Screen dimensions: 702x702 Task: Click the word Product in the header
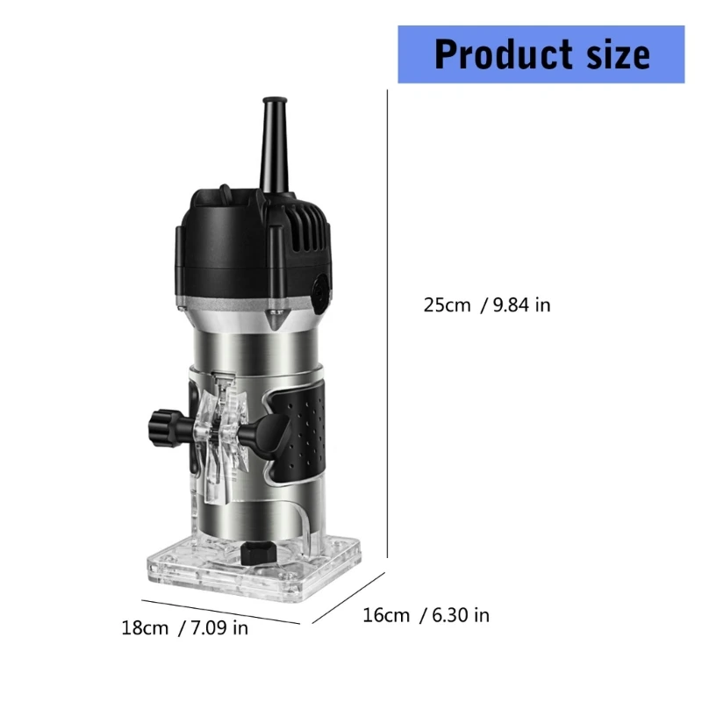pos(498,54)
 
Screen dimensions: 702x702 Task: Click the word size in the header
pos(615,54)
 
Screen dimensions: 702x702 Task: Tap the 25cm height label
pos(447,305)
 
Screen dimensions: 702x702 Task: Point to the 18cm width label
pos(145,628)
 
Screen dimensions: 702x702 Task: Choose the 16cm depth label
pos(386,615)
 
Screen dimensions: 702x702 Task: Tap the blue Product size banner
pos(541,54)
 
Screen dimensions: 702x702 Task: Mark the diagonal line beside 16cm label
pos(348,598)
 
